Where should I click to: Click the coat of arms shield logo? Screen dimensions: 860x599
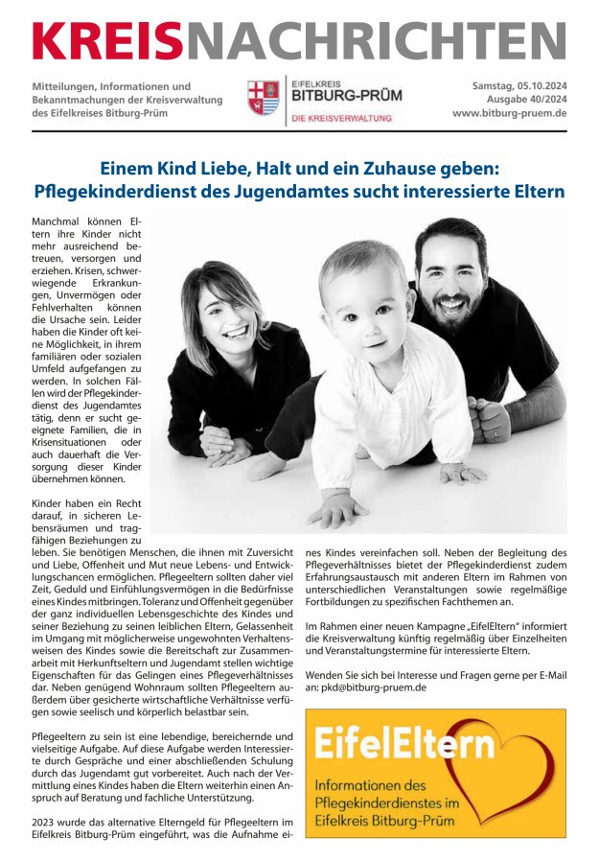click(263, 98)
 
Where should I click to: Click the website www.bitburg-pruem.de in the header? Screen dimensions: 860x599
click(510, 113)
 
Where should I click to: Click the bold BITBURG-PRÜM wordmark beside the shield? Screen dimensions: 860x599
click(346, 96)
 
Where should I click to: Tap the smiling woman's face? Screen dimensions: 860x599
click(226, 317)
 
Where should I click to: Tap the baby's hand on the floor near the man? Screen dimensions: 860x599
click(462, 473)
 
